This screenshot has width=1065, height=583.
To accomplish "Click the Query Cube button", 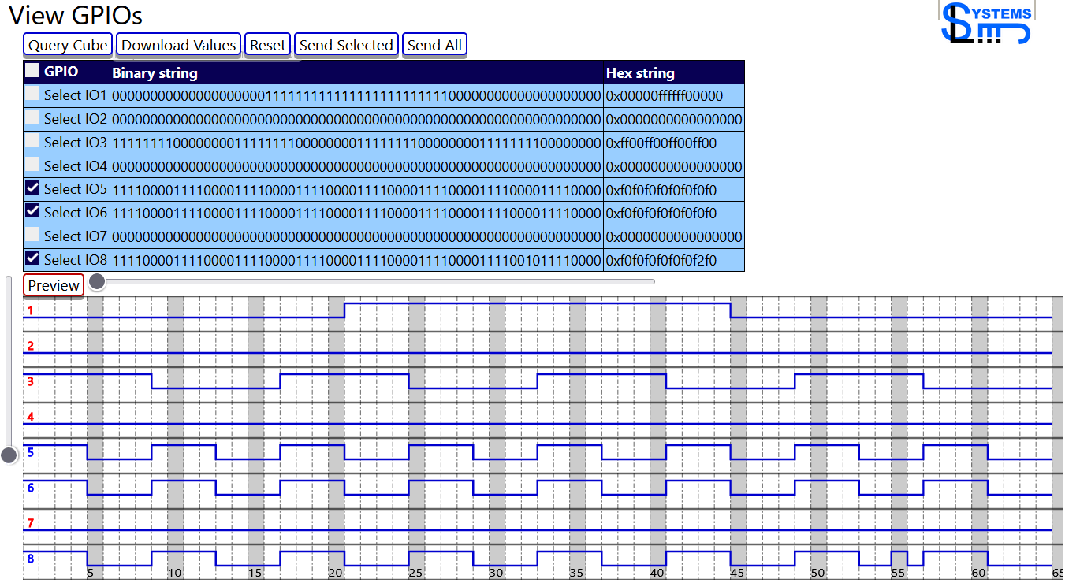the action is click(x=68, y=45).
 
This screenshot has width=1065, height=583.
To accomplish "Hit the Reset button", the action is click(x=267, y=45).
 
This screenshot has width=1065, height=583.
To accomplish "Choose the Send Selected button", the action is click(x=346, y=45).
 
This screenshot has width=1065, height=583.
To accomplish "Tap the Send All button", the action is click(x=434, y=45).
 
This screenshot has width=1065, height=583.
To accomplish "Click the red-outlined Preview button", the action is click(x=54, y=285).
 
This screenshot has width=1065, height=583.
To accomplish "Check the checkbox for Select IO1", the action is click(x=32, y=94).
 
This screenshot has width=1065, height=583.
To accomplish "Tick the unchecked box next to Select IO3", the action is click(x=32, y=141).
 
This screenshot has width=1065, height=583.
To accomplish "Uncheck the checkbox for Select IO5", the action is click(x=32, y=188).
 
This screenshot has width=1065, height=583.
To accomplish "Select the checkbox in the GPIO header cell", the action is click(x=32, y=70).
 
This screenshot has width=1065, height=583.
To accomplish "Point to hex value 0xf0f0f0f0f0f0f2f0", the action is click(x=661, y=260).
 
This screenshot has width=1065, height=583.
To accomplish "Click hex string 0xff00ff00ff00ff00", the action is click(x=661, y=143).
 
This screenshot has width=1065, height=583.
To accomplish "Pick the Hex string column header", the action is click(x=640, y=73).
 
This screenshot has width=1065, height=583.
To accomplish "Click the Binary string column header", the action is click(x=155, y=73).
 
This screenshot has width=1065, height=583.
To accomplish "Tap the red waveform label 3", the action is click(x=31, y=381).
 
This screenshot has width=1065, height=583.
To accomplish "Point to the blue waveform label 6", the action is click(x=31, y=488).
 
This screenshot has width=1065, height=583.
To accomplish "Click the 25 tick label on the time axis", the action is click(x=415, y=573).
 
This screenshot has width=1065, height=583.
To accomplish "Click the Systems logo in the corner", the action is click(x=986, y=24).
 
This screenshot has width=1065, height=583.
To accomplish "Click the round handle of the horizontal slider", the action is click(x=97, y=281).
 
